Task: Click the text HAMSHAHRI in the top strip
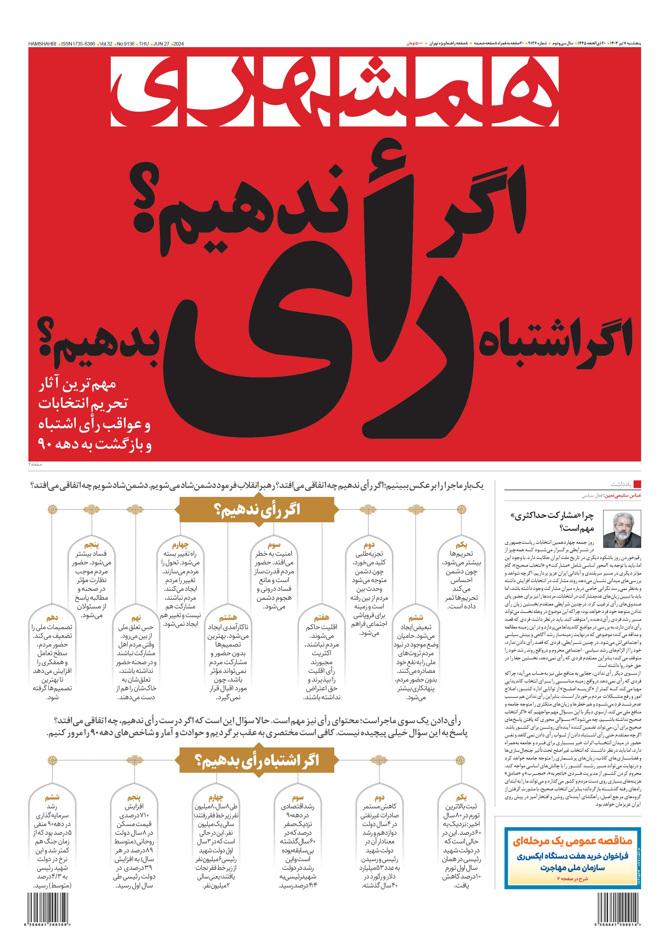(x=42, y=43)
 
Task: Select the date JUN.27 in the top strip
(x=161, y=43)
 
